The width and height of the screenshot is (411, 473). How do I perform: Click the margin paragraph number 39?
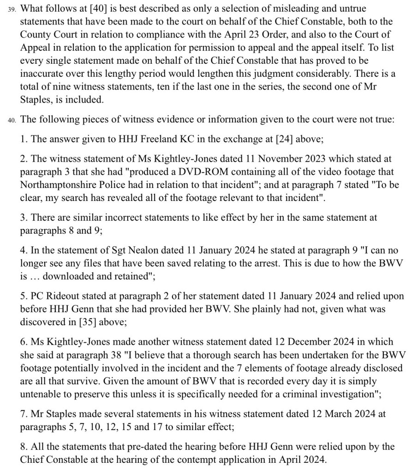point(12,9)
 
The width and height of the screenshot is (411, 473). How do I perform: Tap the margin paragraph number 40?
point(12,120)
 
